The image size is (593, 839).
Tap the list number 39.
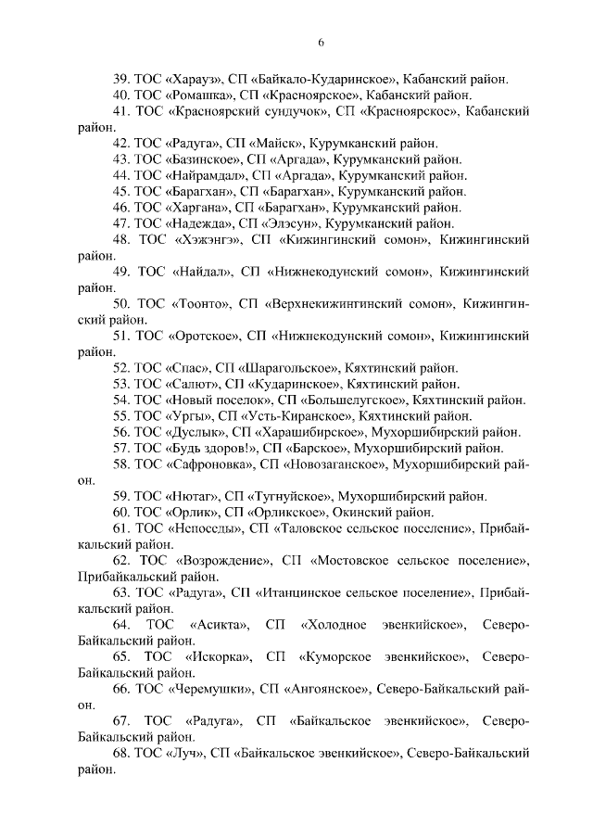[120, 78]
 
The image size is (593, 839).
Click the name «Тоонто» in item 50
[200, 303]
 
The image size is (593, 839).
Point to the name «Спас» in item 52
[184, 366]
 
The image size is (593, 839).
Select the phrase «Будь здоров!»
[210, 448]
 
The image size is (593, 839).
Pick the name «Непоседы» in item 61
[204, 528]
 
